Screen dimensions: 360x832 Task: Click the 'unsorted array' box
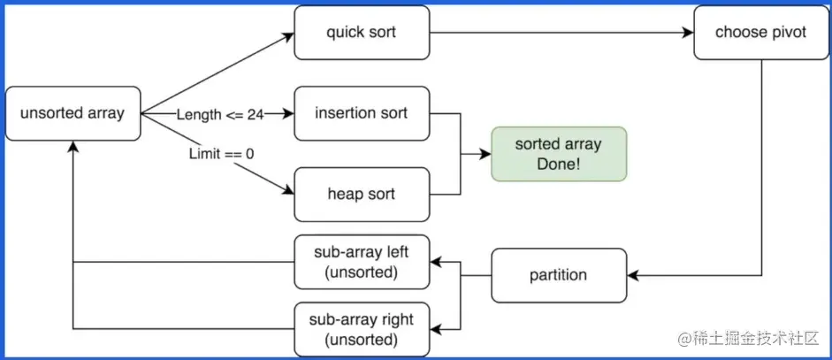coord(73,113)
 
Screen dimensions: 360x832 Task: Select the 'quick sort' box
coord(362,33)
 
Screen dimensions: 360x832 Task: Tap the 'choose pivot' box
coord(761,33)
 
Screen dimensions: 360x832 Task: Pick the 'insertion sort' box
coord(362,113)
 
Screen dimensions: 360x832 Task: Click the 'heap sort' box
coord(362,194)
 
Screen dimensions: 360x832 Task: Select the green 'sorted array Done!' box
coord(558,154)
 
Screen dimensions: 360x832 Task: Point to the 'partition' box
coord(558,275)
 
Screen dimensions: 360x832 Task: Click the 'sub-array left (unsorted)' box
coord(362,263)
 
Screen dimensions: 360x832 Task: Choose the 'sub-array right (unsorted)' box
coord(362,328)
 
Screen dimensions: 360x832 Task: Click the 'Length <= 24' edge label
coord(219,114)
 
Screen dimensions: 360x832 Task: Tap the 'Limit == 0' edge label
coord(221,153)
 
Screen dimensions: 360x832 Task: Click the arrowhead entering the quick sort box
coord(287,36)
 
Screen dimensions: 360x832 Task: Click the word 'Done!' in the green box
coord(558,164)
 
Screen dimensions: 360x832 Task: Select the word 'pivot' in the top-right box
coord(787,34)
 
